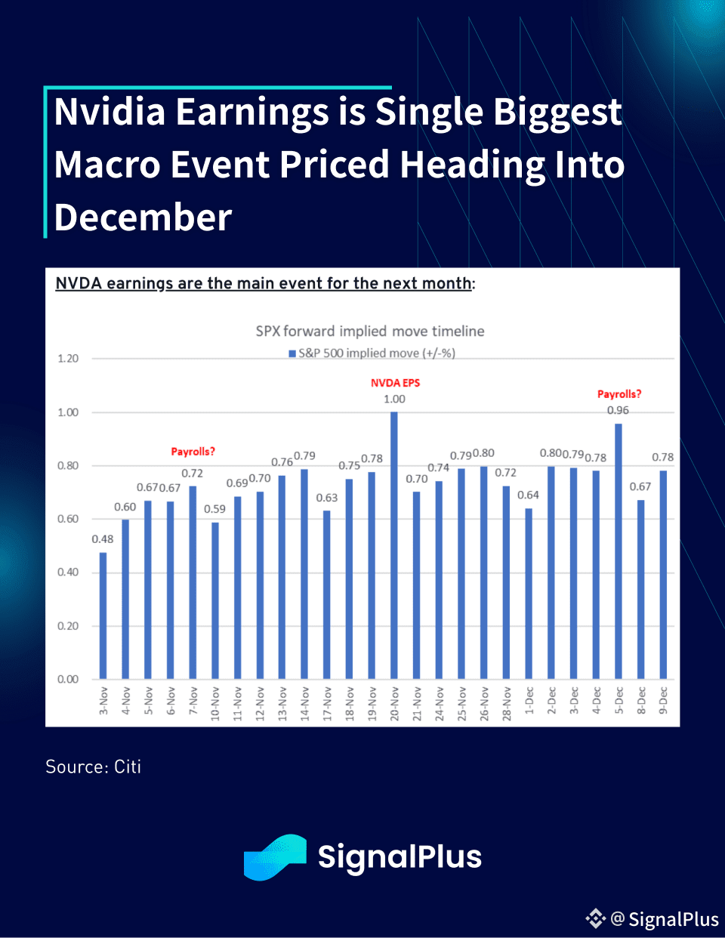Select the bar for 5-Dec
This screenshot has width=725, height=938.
point(619,551)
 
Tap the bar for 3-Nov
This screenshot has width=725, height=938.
point(103,616)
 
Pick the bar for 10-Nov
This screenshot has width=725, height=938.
point(215,600)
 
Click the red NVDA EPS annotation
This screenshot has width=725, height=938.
point(395,383)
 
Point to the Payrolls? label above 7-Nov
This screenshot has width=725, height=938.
point(193,452)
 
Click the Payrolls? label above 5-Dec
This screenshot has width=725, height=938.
point(619,394)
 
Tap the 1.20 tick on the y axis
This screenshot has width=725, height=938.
point(68,359)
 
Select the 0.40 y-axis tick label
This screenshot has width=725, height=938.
point(68,572)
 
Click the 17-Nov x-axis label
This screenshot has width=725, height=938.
point(327,703)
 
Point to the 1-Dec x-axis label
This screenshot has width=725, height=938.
point(529,700)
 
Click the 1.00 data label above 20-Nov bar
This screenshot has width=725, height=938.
point(394,399)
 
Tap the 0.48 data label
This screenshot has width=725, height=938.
point(103,539)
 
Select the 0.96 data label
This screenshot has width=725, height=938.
point(618,410)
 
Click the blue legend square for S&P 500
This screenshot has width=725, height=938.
point(292,353)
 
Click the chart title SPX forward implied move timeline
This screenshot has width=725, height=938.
point(370,331)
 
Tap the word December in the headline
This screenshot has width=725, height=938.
point(143,218)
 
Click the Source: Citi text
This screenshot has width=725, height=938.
point(94,767)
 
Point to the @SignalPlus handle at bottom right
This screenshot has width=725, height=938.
point(665,919)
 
